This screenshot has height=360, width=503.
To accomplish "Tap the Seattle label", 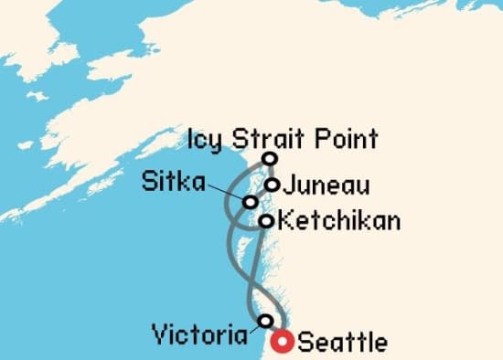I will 343,344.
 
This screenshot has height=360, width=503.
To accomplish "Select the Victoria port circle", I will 265,321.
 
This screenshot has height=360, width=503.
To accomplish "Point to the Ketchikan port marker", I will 265,221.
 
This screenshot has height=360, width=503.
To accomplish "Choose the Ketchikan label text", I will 338,221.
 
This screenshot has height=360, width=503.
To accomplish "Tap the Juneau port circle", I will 272,185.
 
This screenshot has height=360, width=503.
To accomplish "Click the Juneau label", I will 326,186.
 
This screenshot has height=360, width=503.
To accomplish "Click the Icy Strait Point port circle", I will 270,159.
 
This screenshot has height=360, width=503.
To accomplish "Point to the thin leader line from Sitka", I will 224,190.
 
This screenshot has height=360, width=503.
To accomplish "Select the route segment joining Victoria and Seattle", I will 274,332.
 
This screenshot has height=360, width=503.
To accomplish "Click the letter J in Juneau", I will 290,186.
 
